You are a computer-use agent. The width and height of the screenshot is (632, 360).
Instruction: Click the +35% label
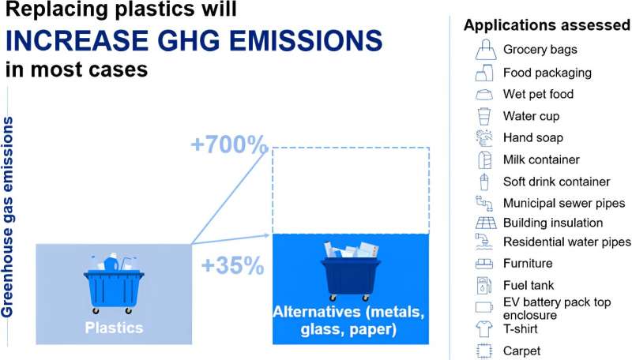(x=232, y=266)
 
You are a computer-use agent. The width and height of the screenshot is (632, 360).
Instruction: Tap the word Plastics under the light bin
(x=114, y=326)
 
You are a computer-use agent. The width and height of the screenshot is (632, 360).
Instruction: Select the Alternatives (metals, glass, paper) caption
(x=351, y=321)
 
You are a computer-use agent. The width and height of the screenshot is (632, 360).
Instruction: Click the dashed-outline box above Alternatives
(x=351, y=189)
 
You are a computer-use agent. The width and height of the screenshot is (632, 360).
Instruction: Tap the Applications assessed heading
(x=546, y=25)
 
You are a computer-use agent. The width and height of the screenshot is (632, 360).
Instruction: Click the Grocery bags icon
(x=484, y=51)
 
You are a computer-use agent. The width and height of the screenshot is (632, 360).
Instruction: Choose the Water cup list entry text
(x=531, y=116)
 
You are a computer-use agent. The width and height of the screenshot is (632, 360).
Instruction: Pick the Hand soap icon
(x=484, y=138)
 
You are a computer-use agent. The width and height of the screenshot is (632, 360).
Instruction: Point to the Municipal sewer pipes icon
(x=484, y=204)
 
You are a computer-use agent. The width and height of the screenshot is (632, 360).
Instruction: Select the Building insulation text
(x=553, y=223)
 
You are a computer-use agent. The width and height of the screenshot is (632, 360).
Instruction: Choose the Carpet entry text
(x=521, y=351)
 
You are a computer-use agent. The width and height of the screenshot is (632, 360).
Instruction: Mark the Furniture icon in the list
(x=484, y=264)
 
